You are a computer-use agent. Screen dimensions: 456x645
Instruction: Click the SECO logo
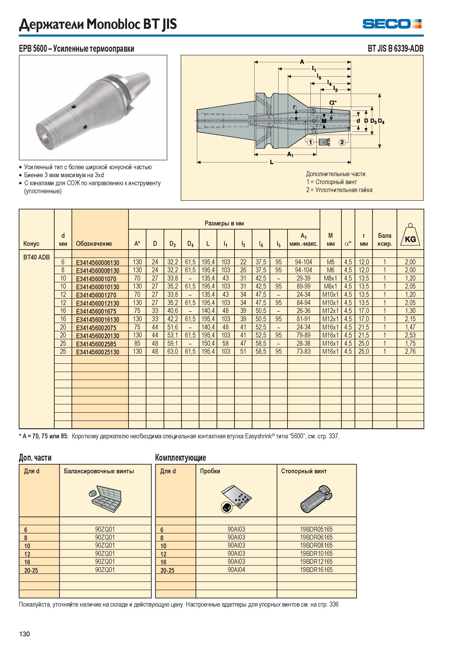point(392,24)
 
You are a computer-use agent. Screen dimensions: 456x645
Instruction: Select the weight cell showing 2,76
point(410,351)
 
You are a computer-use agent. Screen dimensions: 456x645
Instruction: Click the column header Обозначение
point(94,244)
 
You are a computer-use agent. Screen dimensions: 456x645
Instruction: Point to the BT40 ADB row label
point(37,257)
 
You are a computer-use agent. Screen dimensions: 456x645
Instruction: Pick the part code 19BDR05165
point(316,529)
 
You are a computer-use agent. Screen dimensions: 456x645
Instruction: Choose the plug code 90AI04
point(236,570)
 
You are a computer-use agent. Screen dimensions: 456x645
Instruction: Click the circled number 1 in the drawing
point(310,142)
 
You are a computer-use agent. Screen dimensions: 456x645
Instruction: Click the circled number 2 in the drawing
point(342,142)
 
